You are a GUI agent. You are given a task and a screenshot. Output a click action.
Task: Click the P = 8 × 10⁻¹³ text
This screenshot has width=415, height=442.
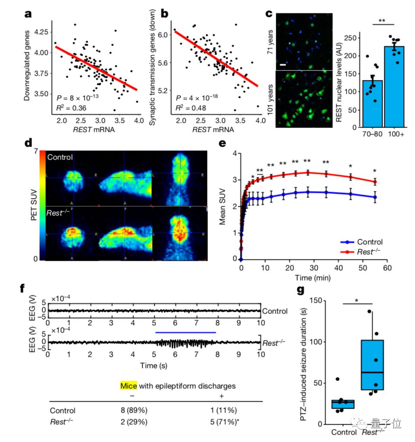[78, 97]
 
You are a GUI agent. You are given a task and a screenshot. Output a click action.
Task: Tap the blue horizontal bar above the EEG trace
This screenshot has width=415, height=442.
[185, 333]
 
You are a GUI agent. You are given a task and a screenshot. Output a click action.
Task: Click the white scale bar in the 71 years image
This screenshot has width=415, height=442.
[283, 64]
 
